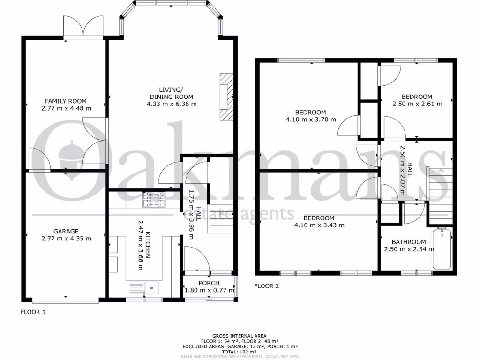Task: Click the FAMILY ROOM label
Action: click(66, 101)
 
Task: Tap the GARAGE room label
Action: click(66, 231)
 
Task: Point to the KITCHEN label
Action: click(148, 244)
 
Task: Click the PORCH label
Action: click(209, 283)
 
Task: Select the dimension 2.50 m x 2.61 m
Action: click(417, 104)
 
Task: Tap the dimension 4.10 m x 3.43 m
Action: click(319, 225)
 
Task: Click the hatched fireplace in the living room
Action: click(226, 97)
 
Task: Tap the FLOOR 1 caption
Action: click(33, 311)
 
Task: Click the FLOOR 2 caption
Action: click(266, 285)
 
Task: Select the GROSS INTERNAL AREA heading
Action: click(240, 336)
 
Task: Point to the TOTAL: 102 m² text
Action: click(240, 352)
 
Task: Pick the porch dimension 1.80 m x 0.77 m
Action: click(209, 290)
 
